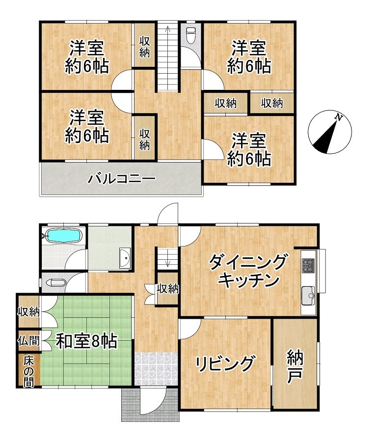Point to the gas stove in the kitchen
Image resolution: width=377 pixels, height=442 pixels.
pyautogui.click(x=308, y=265)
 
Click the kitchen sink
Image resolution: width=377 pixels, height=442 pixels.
pyautogui.click(x=309, y=296)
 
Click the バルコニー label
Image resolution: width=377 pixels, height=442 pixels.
pyautogui.click(x=122, y=178)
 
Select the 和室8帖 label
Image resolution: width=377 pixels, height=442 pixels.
pyautogui.click(x=86, y=341)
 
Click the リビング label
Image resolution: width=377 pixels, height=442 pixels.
pyautogui.click(x=226, y=363)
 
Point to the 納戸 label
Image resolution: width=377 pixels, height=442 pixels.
pyautogui.click(x=295, y=366)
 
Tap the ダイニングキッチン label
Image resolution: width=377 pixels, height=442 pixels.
pyautogui.click(x=248, y=271)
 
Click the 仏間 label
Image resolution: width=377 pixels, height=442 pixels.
pyautogui.click(x=28, y=341)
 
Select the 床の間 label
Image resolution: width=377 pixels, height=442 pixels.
pyautogui.click(x=28, y=372)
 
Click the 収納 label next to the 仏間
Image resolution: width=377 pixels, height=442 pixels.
pyautogui.click(x=28, y=312)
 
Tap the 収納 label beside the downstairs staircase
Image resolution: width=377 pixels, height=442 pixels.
pyautogui.click(x=168, y=289)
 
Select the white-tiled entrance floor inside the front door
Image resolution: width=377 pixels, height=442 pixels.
pyautogui.click(x=156, y=369)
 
